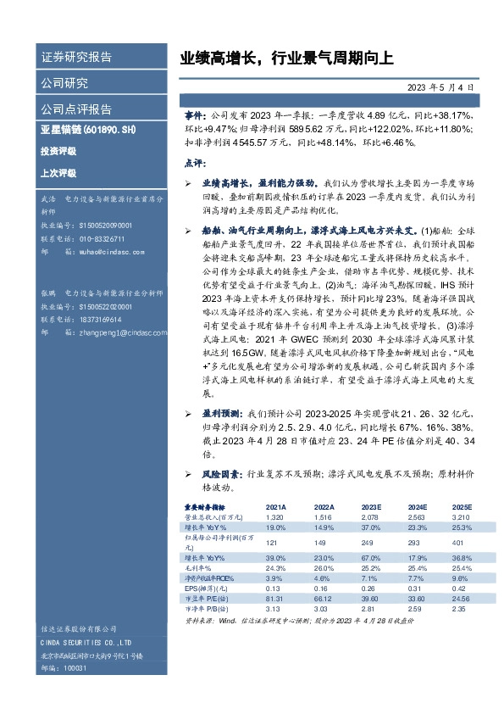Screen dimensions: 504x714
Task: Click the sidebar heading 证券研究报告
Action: tap(76, 58)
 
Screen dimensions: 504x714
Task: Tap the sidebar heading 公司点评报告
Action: tap(76, 109)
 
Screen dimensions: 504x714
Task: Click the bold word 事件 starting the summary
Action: tap(194, 114)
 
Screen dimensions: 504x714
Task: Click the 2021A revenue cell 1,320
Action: tap(274, 516)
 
